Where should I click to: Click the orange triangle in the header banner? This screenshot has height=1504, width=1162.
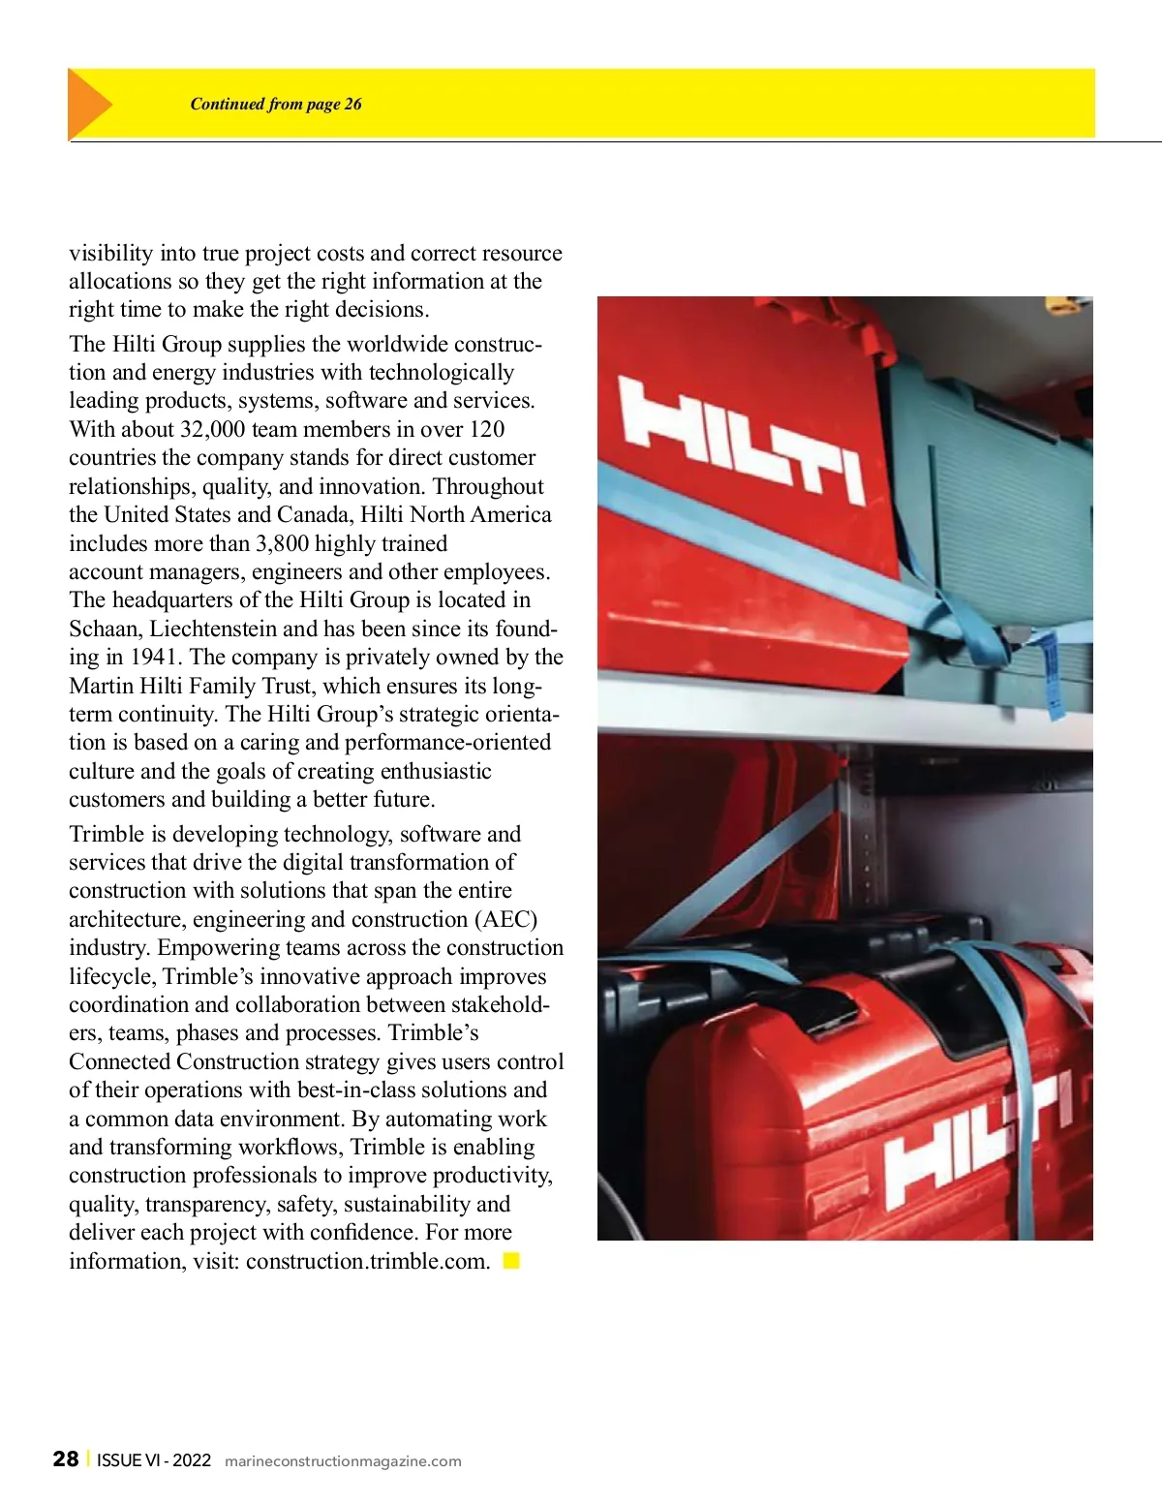[88, 104]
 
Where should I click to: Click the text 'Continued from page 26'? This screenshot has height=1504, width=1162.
[275, 104]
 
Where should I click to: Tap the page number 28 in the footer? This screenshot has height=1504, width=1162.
[66, 1459]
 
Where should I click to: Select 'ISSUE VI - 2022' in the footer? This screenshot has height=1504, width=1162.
[154, 1460]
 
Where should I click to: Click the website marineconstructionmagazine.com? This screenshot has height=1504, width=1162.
[343, 1461]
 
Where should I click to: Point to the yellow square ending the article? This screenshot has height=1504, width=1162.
[511, 1260]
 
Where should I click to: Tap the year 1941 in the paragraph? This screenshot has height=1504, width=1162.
[154, 657]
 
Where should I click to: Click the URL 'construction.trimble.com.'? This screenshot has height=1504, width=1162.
[368, 1261]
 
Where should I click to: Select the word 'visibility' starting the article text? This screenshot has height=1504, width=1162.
[110, 253]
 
